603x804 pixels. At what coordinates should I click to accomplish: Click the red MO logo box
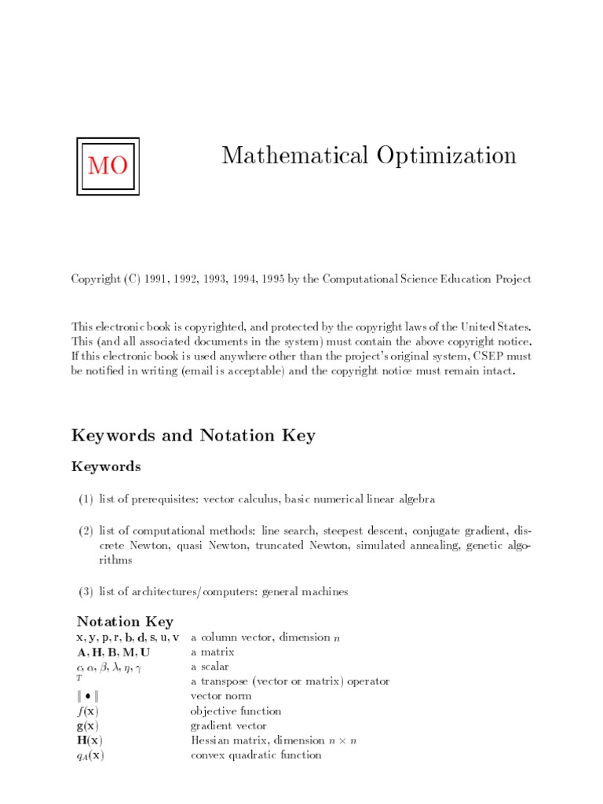pos(108,166)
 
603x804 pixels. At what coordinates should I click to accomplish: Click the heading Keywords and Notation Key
pos(193,435)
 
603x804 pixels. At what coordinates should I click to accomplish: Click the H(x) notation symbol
pos(89,740)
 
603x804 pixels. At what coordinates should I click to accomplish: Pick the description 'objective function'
pos(236,711)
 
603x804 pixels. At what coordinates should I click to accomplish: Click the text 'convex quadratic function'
pos(256,755)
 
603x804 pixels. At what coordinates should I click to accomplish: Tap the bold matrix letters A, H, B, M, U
pos(113,652)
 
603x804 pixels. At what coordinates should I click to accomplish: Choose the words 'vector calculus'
pos(239,499)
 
